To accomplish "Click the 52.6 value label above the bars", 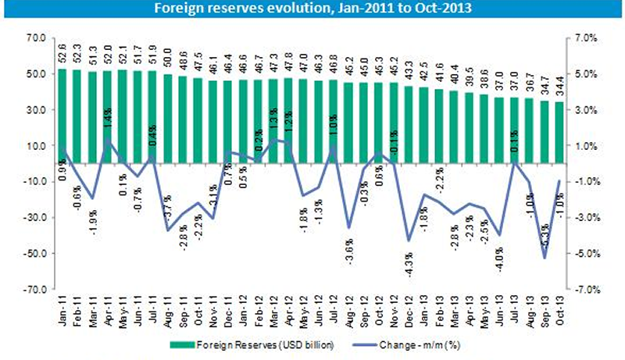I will pyautogui.click(x=62, y=55).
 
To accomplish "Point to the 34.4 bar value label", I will pyautogui.click(x=559, y=88).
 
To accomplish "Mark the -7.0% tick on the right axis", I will pyautogui.click(x=587, y=290).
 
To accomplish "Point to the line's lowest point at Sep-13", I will pyautogui.click(x=544, y=258).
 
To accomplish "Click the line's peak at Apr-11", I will pyautogui.click(x=106, y=141).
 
